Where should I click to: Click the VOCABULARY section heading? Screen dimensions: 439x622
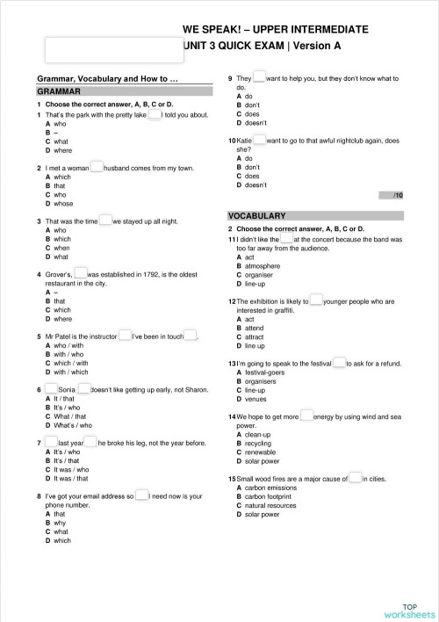(x=256, y=215)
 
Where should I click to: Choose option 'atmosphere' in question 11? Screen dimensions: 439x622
(x=263, y=265)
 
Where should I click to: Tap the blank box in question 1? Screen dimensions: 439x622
(x=155, y=114)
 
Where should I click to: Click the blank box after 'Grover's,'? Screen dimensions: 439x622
(x=80, y=273)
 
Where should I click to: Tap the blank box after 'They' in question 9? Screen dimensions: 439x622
(x=259, y=78)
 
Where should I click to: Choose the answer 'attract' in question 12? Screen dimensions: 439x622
(x=256, y=336)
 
